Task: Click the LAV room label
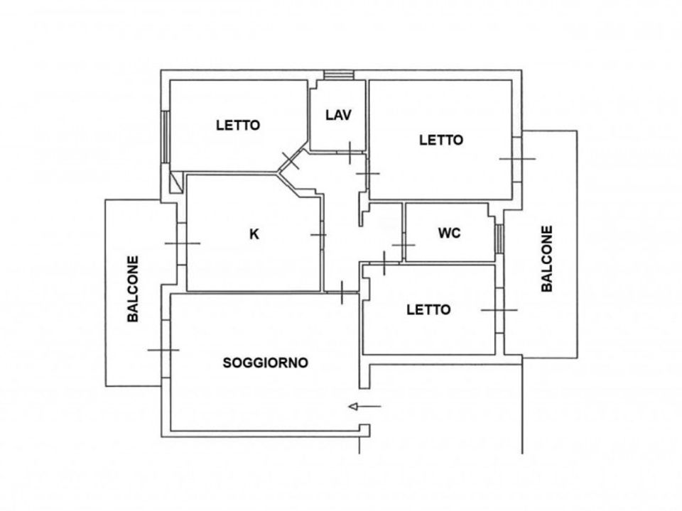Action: [x=338, y=115]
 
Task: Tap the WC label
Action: [x=449, y=233]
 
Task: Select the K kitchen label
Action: [x=254, y=234]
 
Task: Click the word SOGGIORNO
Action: [x=265, y=363]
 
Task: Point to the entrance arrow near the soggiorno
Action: [x=364, y=407]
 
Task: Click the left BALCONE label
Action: [x=133, y=289]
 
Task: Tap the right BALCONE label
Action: [x=547, y=258]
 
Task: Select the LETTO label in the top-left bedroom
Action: [x=238, y=125]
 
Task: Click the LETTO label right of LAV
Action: [x=441, y=140]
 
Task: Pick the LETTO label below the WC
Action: [x=428, y=309]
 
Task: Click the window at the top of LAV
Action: [x=339, y=75]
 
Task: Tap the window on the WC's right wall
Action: [x=499, y=238]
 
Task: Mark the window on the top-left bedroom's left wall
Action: [x=166, y=137]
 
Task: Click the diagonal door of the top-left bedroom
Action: [x=291, y=161]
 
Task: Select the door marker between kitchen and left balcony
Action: [x=183, y=243]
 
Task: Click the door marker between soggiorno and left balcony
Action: [x=164, y=350]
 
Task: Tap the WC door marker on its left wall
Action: [x=404, y=245]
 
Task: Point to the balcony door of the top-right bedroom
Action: [x=517, y=159]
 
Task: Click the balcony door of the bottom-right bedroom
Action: [x=499, y=310]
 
